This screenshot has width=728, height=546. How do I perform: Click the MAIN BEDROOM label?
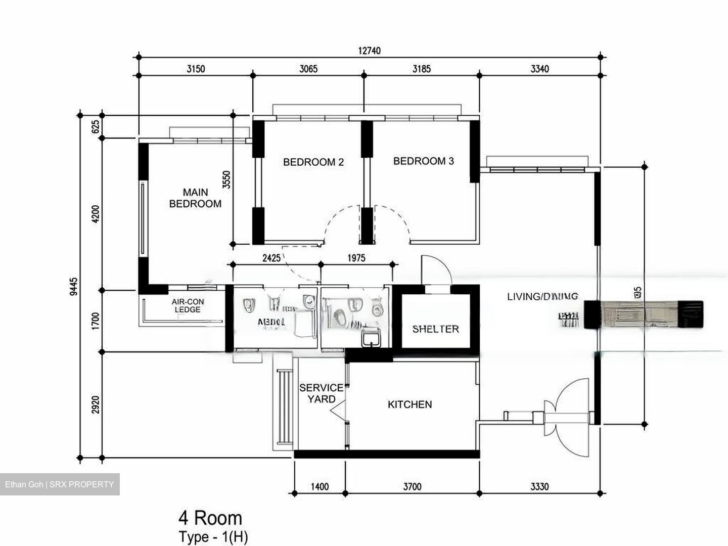click(195, 198)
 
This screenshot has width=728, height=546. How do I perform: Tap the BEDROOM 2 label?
click(313, 162)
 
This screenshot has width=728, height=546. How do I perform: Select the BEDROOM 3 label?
click(423, 161)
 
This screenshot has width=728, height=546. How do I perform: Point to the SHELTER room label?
click(435, 329)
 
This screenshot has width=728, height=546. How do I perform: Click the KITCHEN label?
click(409, 404)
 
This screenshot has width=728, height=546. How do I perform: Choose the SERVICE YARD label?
click(321, 393)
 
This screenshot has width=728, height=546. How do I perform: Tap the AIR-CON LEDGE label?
click(188, 306)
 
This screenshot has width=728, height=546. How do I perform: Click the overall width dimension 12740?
click(369, 51)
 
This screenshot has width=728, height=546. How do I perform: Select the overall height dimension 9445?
click(74, 286)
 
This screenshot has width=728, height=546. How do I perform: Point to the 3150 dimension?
click(196, 69)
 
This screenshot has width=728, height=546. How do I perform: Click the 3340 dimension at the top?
click(539, 69)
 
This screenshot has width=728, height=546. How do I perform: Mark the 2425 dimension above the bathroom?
click(271, 258)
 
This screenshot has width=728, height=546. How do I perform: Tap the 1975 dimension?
click(356, 258)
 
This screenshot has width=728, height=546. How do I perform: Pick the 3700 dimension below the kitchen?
click(412, 487)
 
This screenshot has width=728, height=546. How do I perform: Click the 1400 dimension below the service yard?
click(320, 487)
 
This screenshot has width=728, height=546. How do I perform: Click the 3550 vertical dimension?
click(226, 180)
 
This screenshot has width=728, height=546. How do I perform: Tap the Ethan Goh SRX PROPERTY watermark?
click(60, 484)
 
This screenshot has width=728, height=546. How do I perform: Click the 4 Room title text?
click(210, 518)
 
